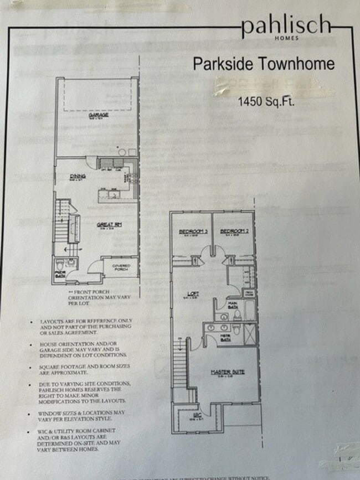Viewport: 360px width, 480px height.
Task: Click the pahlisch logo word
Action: pyautogui.click(x=286, y=25)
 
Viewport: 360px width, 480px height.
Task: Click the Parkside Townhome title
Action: pyautogui.click(x=264, y=64)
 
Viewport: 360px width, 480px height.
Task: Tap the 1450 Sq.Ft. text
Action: pyautogui.click(x=265, y=101)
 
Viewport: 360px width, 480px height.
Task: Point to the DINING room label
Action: pyautogui.click(x=76, y=177)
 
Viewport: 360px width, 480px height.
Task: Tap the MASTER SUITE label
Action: pyautogui.click(x=223, y=371)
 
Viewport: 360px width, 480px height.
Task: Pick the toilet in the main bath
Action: pyautogui.click(x=237, y=316)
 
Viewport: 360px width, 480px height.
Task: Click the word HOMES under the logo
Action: pyautogui.click(x=286, y=38)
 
